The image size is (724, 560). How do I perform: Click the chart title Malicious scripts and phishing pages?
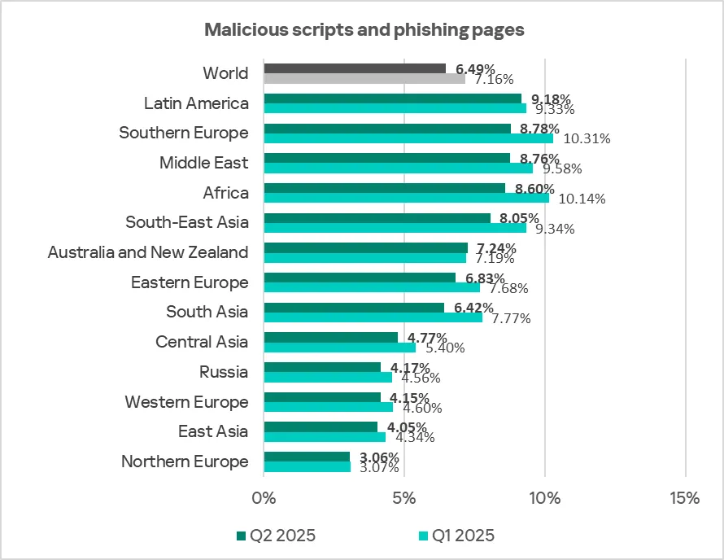(364, 30)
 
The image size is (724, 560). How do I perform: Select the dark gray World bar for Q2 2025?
(355, 68)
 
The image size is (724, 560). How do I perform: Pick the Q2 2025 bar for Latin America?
(393, 98)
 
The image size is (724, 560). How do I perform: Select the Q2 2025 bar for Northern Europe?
(307, 457)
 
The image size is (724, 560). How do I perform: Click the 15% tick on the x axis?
(685, 498)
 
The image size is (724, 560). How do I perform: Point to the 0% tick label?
(264, 498)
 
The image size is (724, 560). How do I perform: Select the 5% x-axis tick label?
(404, 498)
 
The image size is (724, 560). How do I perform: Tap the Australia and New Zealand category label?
(148, 252)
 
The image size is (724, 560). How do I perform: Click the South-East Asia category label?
(187, 222)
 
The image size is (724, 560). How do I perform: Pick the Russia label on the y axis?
(224, 372)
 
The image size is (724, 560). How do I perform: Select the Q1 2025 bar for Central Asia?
(339, 347)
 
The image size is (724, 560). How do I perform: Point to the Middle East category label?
(203, 163)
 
